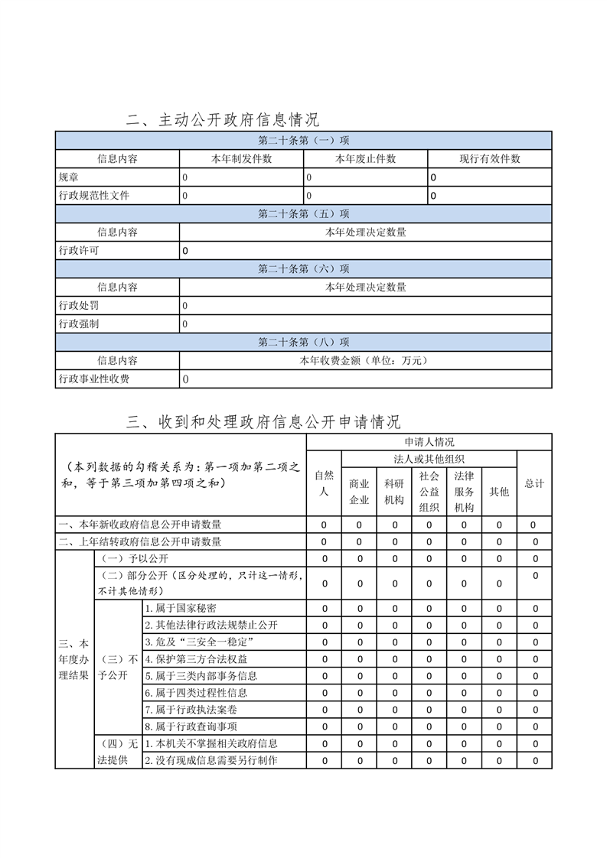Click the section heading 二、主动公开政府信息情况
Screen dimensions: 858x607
coord(223,120)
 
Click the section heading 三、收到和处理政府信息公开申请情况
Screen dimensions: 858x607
coord(263,422)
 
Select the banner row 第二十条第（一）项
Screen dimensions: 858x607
coord(303,141)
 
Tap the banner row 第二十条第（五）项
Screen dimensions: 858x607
coord(303,214)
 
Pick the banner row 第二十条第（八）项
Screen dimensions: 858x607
coord(303,343)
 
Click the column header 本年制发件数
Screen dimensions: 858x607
coord(241,159)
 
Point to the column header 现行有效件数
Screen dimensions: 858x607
coord(489,159)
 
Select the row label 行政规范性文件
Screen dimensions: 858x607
coord(94,196)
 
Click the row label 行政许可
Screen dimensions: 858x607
coord(79,251)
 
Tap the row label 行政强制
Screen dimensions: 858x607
coord(79,324)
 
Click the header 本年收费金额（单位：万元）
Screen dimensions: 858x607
coord(365,361)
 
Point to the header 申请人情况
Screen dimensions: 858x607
coord(429,442)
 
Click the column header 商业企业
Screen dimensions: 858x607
coord(359,492)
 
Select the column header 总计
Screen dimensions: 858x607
coord(534,483)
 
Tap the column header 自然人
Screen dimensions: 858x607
coord(324,483)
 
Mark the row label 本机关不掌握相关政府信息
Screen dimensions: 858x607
coord(211,743)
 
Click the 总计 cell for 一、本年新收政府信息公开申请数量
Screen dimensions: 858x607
coord(535,525)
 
